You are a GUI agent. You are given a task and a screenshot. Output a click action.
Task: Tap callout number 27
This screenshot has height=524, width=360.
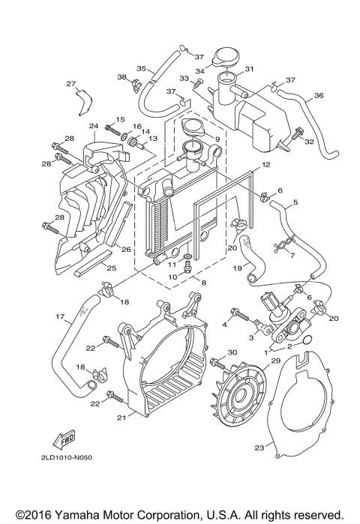pyautogui.click(x=71, y=83)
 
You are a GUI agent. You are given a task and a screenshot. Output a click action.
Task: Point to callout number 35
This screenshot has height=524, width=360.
pyautogui.click(x=139, y=68)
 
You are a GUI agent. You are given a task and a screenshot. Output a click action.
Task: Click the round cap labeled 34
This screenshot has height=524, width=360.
pyautogui.click(x=225, y=57)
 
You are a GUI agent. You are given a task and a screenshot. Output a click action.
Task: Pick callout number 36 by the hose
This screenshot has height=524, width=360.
pyautogui.click(x=318, y=95)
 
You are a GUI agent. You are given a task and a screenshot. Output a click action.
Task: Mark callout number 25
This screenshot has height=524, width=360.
pyautogui.click(x=111, y=267)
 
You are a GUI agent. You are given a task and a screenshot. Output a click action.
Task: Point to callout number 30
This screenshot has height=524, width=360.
pyautogui.click(x=232, y=352)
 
